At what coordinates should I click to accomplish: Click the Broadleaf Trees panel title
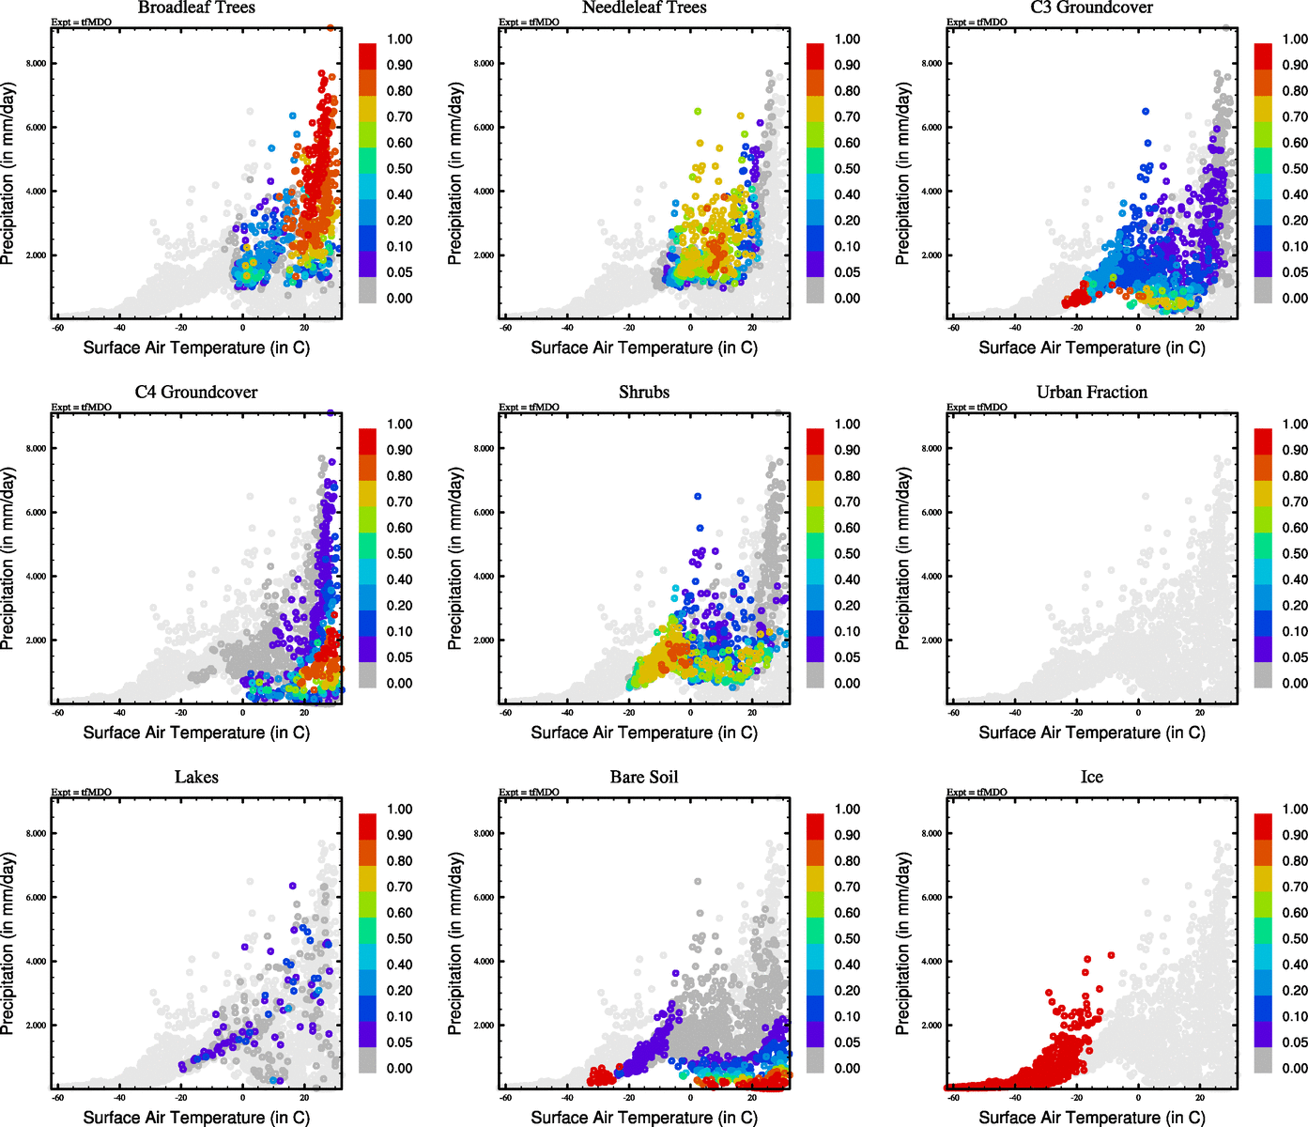(196, 8)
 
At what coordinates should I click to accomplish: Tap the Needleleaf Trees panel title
(644, 8)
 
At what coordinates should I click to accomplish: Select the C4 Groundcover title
(196, 393)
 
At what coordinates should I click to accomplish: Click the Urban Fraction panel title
(1092, 393)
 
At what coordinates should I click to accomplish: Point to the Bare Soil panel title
(644, 778)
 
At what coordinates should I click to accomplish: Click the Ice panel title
(1092, 778)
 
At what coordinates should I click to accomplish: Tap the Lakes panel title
(196, 778)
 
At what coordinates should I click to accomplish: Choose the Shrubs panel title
(644, 393)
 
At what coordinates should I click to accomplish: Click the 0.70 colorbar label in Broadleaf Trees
(399, 117)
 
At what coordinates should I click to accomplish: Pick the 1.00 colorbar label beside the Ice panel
(1295, 810)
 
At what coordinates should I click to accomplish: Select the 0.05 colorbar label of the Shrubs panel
(847, 657)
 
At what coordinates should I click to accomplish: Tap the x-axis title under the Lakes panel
(196, 1118)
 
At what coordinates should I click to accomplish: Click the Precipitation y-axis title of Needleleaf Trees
(455, 174)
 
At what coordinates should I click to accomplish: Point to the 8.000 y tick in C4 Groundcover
(37, 449)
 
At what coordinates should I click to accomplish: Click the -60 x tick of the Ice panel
(953, 1098)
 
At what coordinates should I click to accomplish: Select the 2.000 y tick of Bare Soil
(485, 1026)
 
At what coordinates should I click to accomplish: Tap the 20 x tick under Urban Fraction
(1200, 713)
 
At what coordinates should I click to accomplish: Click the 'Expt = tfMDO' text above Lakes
(82, 793)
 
